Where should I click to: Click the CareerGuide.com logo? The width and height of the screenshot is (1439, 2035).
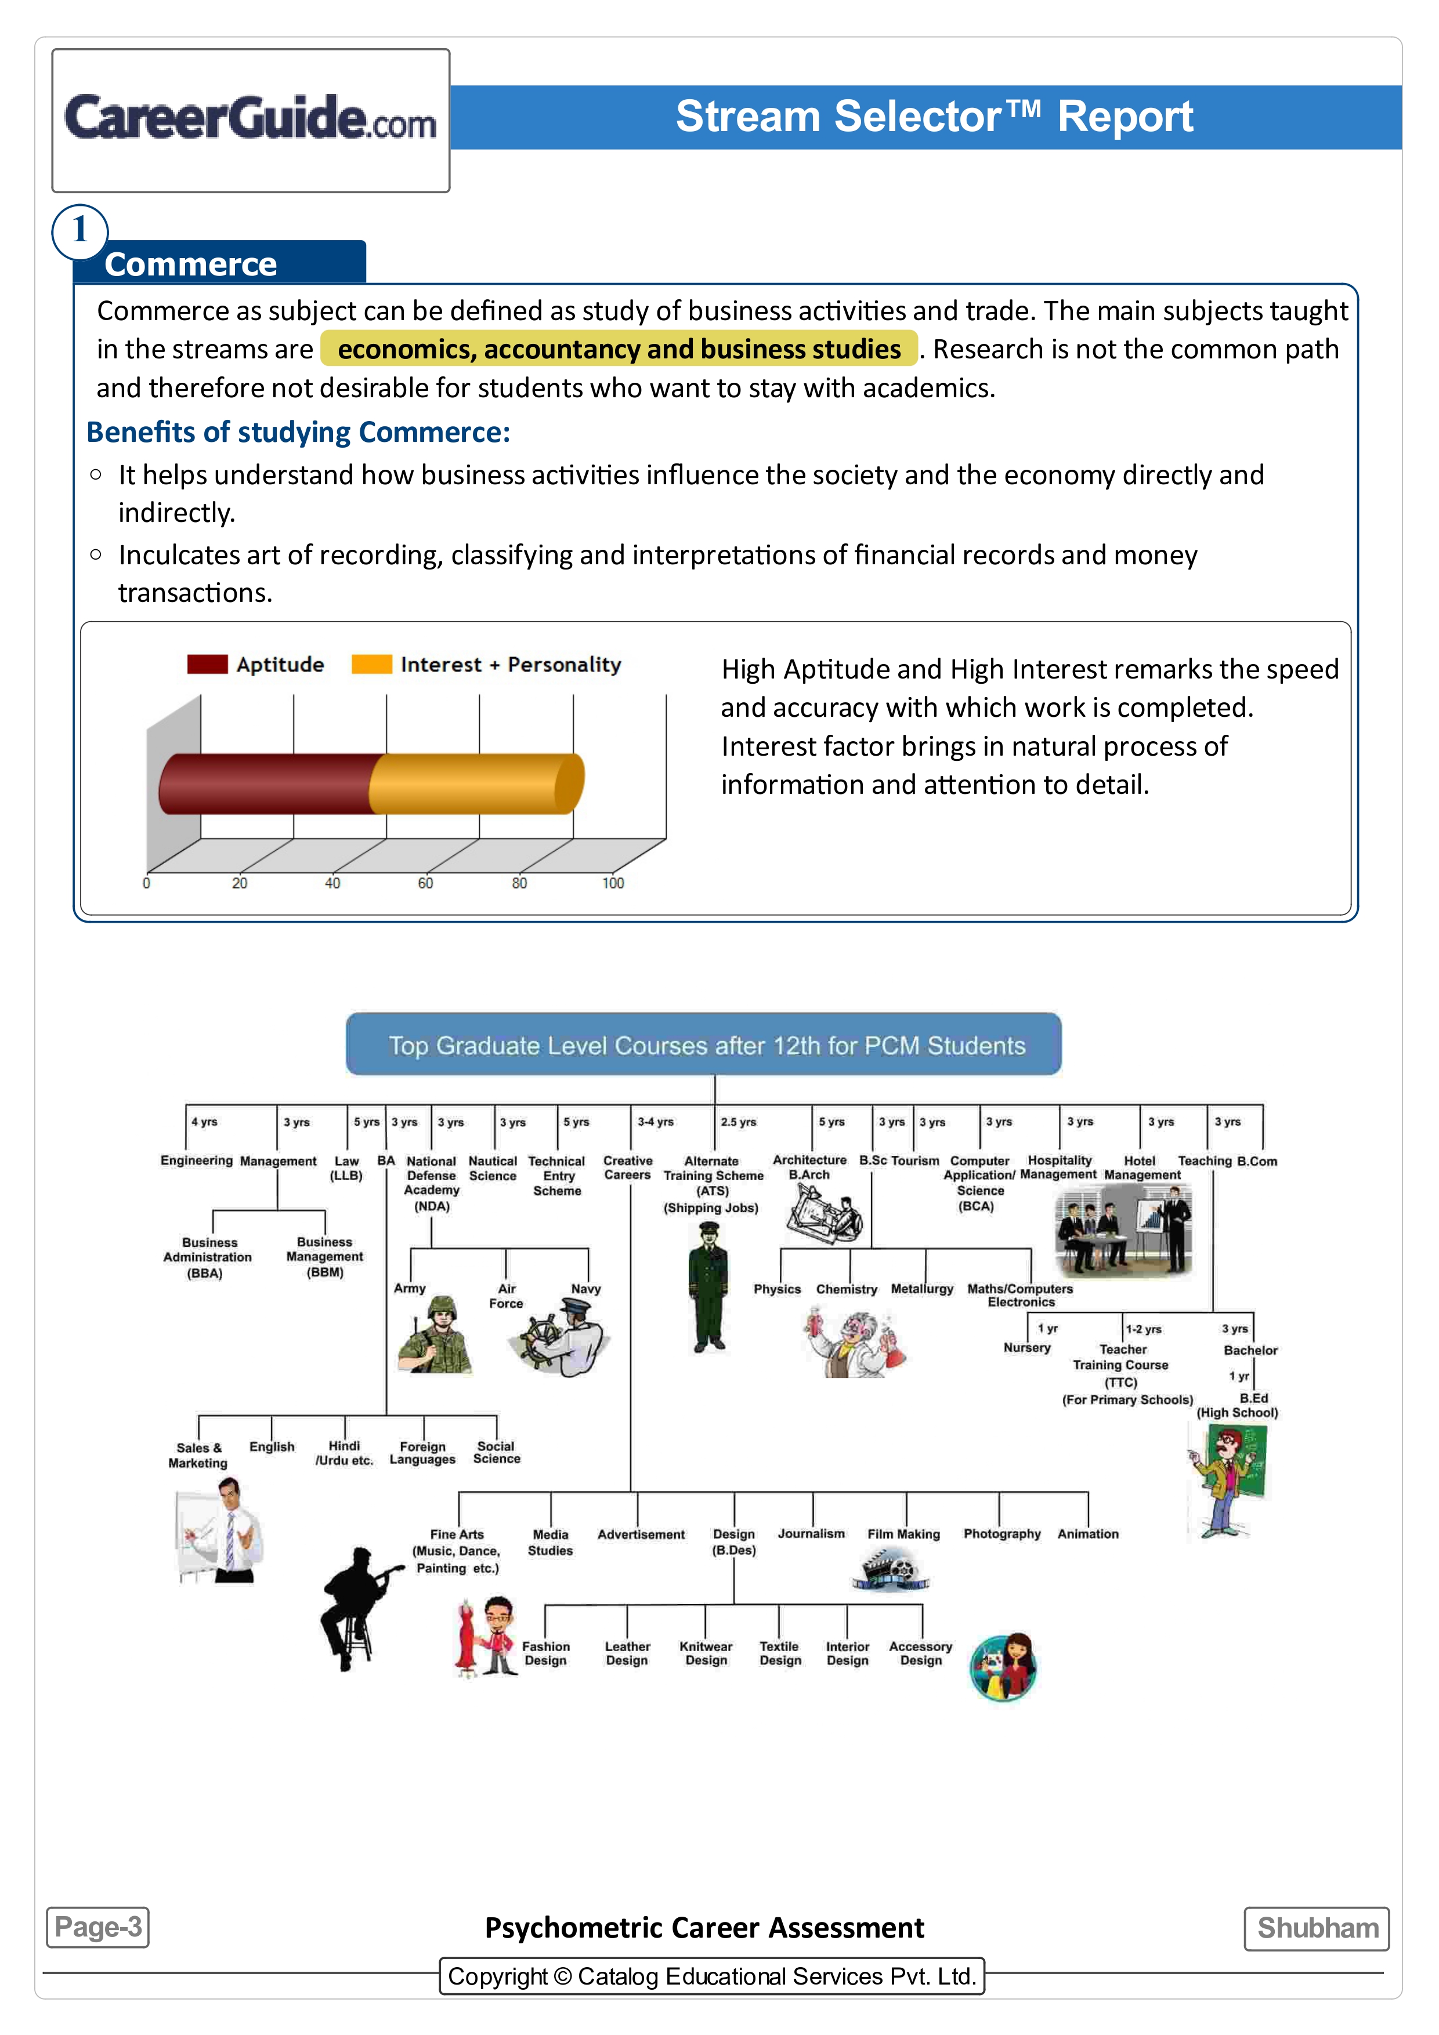click(250, 119)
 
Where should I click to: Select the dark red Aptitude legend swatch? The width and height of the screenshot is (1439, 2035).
click(208, 664)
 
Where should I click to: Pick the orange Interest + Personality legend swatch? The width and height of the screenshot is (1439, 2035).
click(371, 664)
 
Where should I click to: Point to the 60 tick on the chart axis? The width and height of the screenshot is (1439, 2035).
click(425, 883)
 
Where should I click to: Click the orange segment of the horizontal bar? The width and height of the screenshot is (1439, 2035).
click(474, 783)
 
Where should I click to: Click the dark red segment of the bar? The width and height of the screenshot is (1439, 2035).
click(266, 783)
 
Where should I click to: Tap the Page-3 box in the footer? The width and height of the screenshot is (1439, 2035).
click(97, 1927)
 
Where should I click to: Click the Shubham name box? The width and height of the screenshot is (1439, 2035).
click(1317, 1928)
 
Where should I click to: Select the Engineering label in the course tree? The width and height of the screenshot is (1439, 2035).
click(196, 1160)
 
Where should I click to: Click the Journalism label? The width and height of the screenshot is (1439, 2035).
click(811, 1533)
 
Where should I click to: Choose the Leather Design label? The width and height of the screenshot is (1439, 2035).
click(627, 1653)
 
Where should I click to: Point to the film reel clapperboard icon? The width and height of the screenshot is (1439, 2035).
click(891, 1569)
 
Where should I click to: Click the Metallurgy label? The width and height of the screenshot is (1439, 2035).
click(922, 1289)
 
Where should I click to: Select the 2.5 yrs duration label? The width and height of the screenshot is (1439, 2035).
click(737, 1122)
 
